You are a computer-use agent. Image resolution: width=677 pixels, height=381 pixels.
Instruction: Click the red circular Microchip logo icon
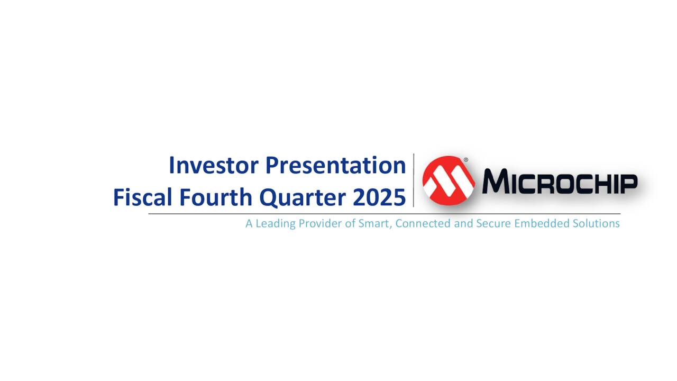coord(449,180)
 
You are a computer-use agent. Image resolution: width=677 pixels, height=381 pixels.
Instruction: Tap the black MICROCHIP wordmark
coord(559,182)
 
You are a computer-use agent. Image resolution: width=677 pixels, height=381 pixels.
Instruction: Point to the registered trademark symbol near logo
coord(466,159)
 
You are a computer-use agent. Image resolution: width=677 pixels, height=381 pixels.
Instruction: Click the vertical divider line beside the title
coord(414,180)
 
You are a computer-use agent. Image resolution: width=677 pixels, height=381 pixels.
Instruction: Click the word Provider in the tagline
coord(321,223)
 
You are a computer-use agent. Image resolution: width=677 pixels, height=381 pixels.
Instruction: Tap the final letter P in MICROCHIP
coord(628,183)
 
